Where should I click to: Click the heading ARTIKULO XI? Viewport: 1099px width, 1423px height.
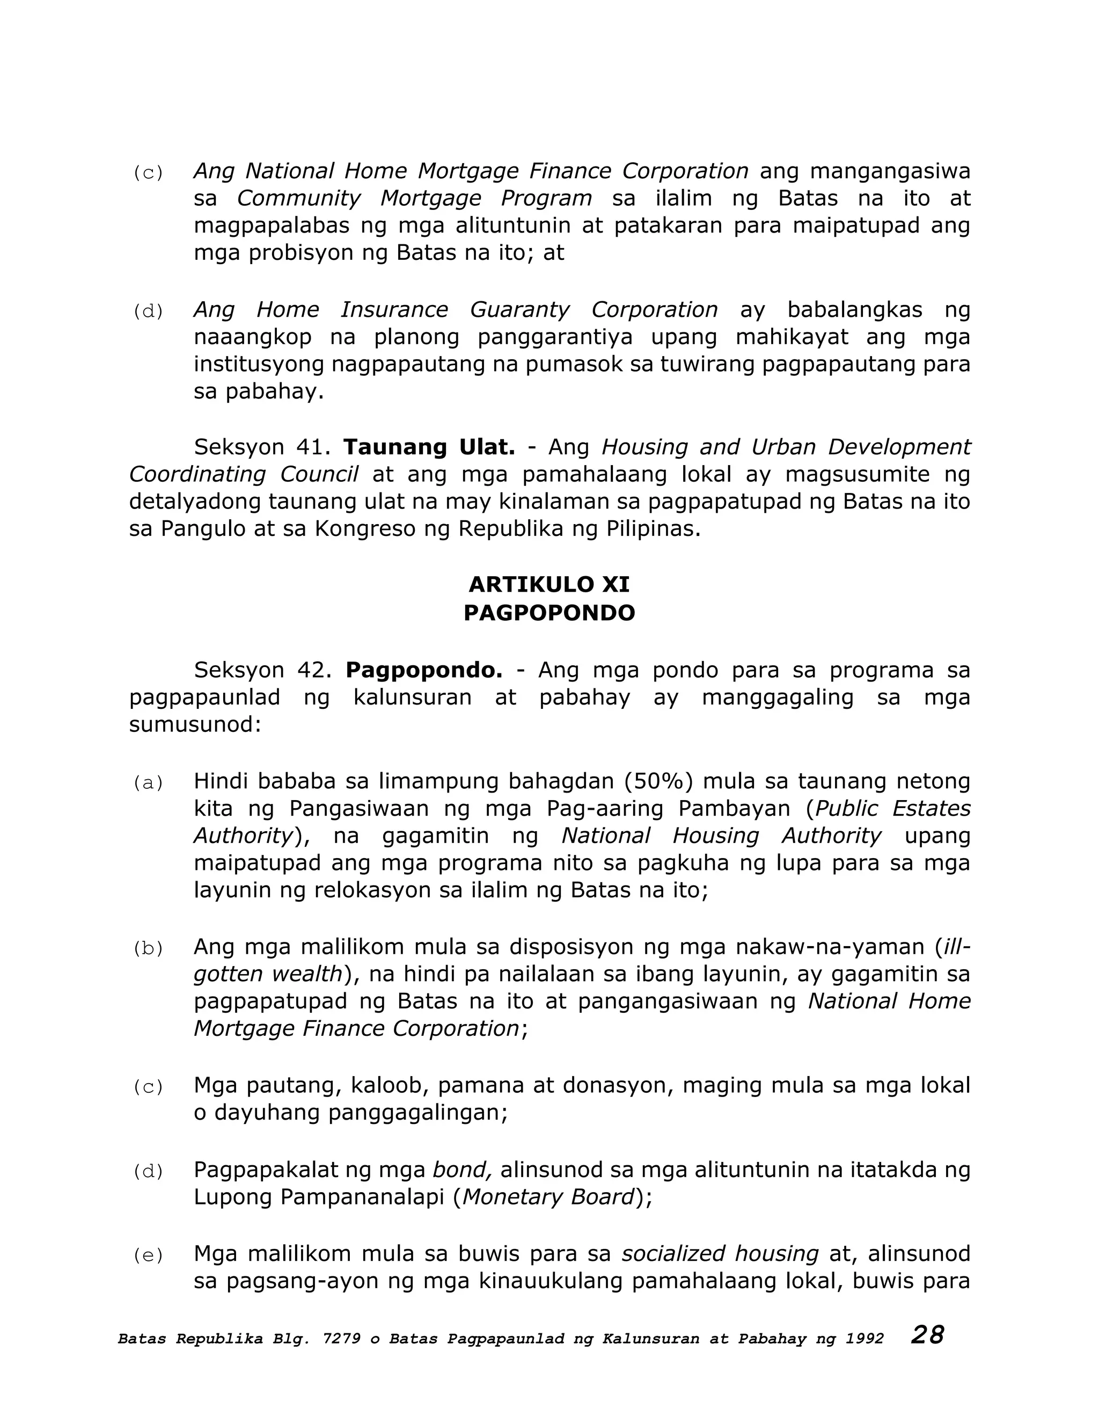tap(549, 584)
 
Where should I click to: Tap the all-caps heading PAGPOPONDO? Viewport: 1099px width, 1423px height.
tap(549, 613)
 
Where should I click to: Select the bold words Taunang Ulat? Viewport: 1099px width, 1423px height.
tap(429, 447)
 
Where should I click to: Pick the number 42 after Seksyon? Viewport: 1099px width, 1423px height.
tap(311, 670)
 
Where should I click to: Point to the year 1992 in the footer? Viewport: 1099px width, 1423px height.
tap(864, 1339)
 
